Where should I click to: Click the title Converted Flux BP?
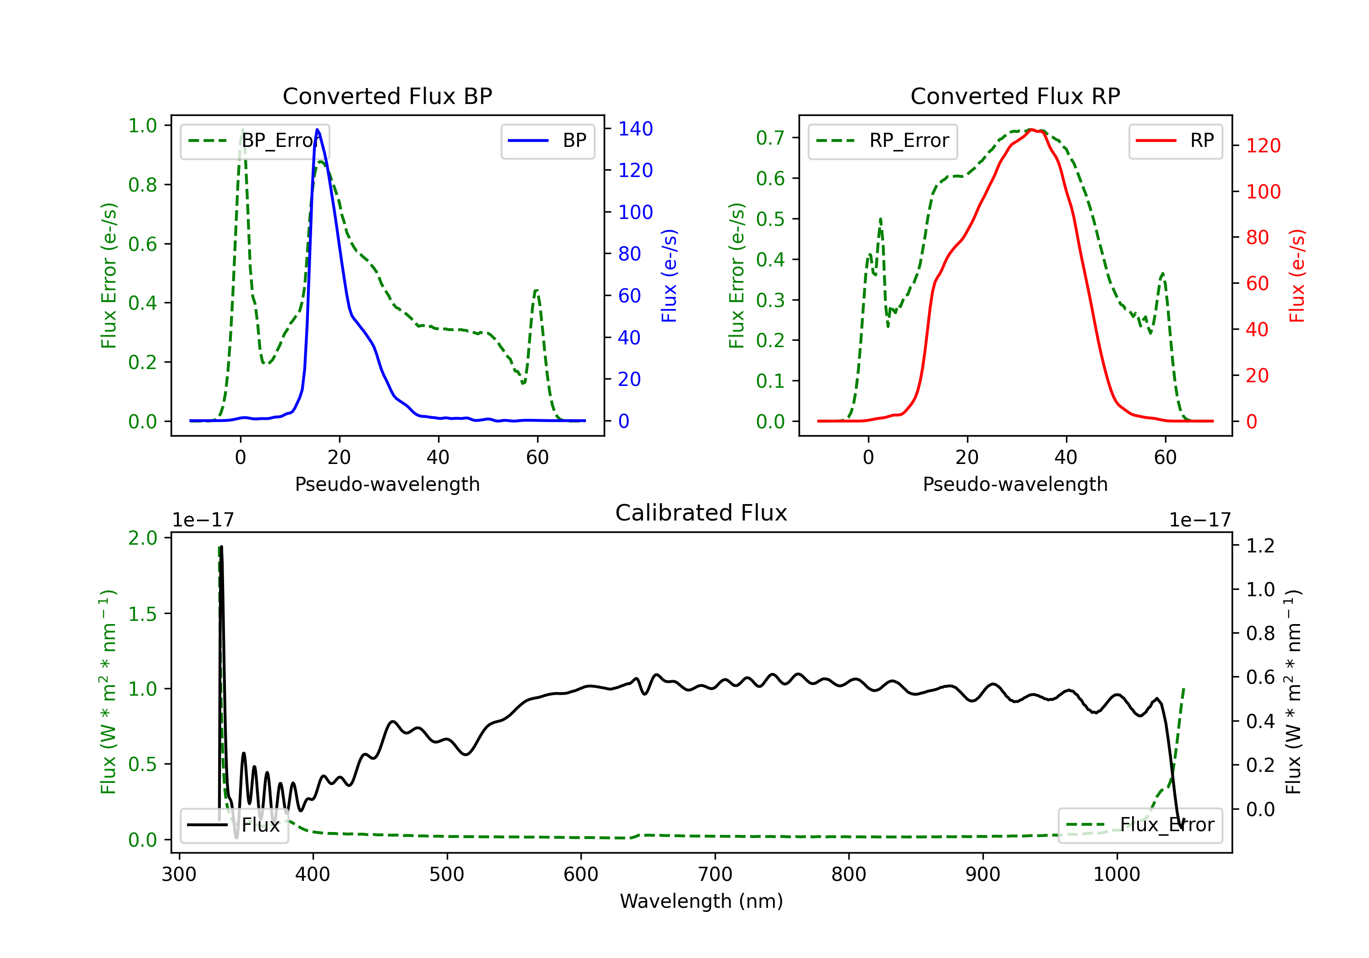coord(387,96)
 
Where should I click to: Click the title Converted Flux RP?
coord(1015,96)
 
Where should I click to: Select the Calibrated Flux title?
coord(701,513)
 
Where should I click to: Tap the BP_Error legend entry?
coord(255,141)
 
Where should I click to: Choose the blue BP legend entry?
coord(547,141)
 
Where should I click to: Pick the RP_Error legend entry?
coord(883,141)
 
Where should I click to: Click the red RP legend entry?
coord(1175,141)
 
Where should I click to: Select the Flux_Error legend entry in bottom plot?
coord(1139,825)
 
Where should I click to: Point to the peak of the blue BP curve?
coord(317,130)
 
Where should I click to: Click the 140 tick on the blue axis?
coord(636,129)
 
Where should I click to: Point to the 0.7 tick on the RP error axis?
coord(770,138)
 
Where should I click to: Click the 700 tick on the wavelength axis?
coord(715,874)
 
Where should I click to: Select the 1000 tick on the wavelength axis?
coord(1117,874)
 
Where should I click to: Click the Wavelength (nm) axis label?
coord(701,901)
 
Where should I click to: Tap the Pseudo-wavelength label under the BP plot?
coord(387,484)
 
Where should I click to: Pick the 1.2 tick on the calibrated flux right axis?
coord(1260,546)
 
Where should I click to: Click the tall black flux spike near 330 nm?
coord(221,656)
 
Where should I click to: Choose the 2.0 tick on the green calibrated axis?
coord(142,538)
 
